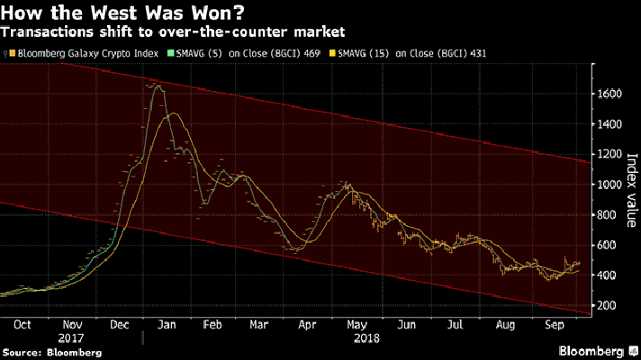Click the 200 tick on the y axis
tap(609, 307)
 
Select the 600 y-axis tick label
tap(609, 246)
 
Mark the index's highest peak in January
tap(158, 85)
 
